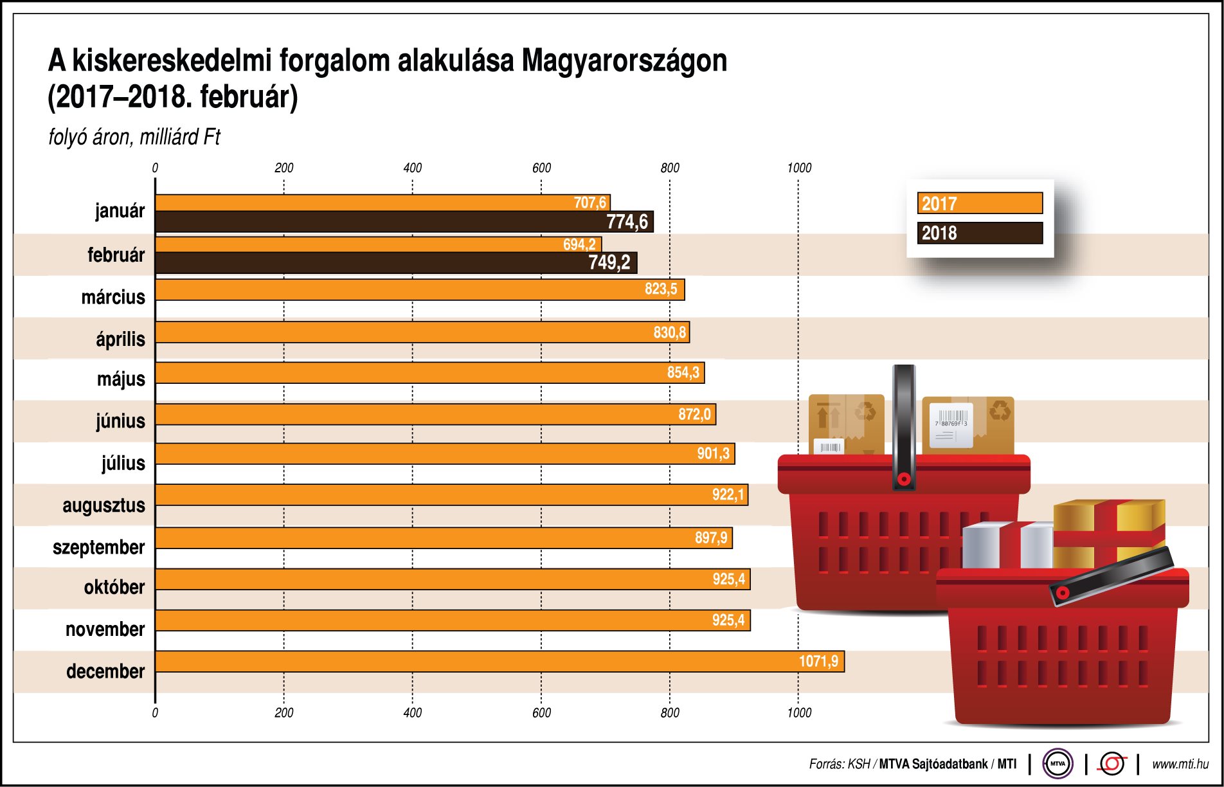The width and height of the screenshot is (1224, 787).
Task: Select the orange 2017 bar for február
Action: (360, 244)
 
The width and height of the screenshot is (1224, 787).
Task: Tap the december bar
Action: (450, 662)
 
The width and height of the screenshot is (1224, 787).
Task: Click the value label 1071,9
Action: (818, 662)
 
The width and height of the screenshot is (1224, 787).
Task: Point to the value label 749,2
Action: (609, 262)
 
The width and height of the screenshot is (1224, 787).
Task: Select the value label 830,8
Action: (669, 332)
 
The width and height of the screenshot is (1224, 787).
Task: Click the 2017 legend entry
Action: (979, 203)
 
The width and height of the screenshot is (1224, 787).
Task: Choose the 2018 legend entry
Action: (979, 233)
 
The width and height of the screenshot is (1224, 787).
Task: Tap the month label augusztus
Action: (104, 505)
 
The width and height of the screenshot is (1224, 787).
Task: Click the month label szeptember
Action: (98, 547)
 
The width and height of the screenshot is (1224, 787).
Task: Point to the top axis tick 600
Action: (541, 168)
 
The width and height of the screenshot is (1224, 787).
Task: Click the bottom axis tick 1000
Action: (799, 712)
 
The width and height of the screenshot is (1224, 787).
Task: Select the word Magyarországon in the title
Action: (624, 61)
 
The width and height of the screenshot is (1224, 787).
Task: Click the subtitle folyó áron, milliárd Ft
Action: (134, 137)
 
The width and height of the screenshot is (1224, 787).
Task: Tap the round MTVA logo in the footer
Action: (1057, 764)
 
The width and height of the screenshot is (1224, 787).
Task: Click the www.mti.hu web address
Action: (1180, 764)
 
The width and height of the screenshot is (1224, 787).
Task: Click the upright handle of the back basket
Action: (903, 424)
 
